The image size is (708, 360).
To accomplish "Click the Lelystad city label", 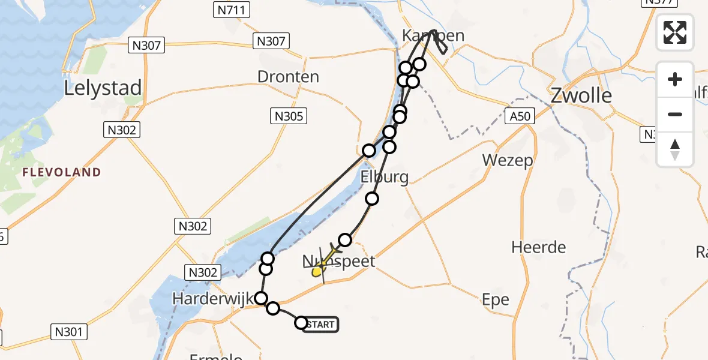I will tap(103, 88).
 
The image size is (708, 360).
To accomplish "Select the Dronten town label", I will tap(288, 77).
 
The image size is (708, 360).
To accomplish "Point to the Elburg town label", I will tap(385, 177).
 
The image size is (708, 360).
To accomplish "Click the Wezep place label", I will tap(508, 161).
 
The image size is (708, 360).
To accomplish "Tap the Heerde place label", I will tap(539, 247).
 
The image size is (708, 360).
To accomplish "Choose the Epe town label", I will tap(496, 299).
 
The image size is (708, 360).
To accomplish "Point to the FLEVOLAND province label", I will tap(62, 172).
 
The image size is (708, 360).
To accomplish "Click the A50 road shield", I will tap(519, 116).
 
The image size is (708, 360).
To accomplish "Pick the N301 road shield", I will tap(70, 331).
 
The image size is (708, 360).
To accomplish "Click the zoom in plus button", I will tap(675, 79).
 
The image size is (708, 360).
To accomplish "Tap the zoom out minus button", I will tap(675, 114).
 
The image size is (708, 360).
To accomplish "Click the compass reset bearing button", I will tap(675, 149).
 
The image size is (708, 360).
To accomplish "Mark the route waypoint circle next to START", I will tap(301, 323).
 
